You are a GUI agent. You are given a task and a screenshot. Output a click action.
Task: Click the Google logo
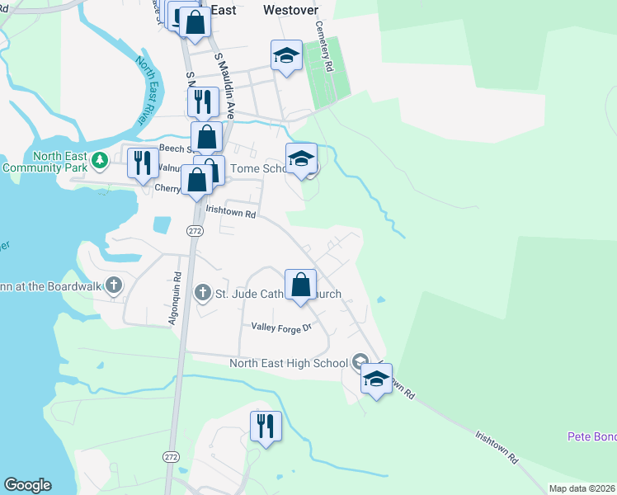[27, 485]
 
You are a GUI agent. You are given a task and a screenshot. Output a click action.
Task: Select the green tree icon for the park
[100, 158]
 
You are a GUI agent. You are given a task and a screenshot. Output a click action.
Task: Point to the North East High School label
[289, 363]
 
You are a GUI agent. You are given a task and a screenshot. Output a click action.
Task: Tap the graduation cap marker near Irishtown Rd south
[376, 379]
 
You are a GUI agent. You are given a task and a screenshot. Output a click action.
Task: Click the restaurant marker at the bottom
[266, 427]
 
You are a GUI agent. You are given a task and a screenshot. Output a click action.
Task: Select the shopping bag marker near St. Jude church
[301, 285]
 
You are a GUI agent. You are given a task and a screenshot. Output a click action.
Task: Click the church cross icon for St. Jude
[202, 292]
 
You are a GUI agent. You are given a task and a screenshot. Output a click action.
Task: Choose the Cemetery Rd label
[323, 47]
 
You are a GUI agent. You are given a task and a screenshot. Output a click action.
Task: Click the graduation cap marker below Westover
[286, 55]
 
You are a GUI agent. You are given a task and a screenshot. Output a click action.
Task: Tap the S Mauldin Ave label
[226, 86]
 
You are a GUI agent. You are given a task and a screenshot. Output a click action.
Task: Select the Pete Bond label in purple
[591, 436]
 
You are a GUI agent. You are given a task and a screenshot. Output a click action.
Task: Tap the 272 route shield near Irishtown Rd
[195, 232]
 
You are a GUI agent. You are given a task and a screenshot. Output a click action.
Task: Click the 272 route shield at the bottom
[171, 456]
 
